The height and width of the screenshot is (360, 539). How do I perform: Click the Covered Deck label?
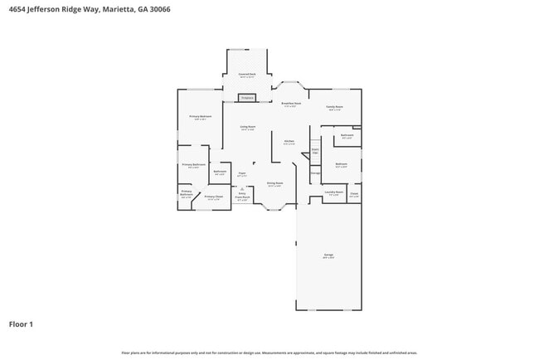pos(247,75)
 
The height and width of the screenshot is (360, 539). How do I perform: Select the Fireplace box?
pos(247,98)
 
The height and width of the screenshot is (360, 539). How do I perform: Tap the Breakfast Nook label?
pos(292,104)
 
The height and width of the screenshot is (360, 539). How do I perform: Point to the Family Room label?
pos(334,107)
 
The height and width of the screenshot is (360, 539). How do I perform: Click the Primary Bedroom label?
pos(200,117)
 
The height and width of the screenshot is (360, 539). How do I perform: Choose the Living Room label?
pos(247,127)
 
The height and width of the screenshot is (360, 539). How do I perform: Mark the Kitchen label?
pos(289,141)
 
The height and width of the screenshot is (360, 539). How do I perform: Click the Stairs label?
pos(315,151)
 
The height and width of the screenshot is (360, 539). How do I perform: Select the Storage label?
pos(315,173)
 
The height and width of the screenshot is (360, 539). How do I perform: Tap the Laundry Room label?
pos(334,192)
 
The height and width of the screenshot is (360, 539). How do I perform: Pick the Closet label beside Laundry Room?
pos(354,194)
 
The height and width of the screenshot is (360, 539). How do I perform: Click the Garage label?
pos(329,255)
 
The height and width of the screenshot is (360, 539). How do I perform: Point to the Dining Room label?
pos(275,183)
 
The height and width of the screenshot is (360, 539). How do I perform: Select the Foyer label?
pos(242,174)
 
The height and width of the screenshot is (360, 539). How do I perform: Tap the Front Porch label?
pos(242,198)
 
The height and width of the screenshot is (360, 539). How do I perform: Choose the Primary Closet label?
pos(213,197)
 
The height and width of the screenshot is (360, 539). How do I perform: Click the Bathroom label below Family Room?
pos(347,135)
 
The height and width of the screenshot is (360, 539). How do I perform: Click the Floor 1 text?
pos(21,324)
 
